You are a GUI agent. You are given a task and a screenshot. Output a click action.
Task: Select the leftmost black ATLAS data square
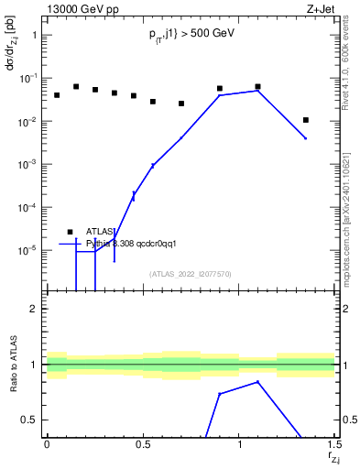[57, 95]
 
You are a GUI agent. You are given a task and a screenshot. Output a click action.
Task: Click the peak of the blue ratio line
[258, 382]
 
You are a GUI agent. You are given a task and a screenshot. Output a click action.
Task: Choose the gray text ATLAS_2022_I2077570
[191, 274]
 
